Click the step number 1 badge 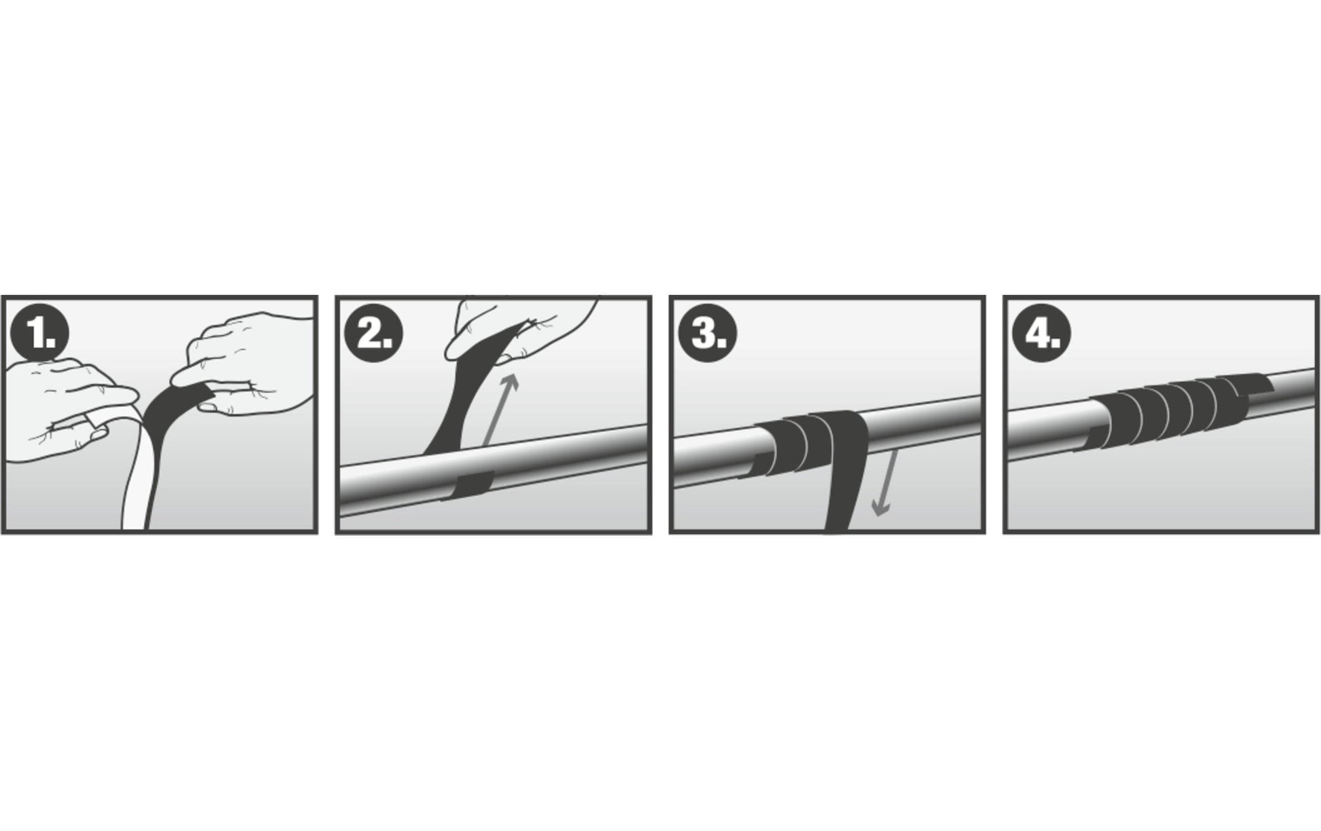[39, 333]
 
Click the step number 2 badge [373, 333]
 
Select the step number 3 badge [707, 333]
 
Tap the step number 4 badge [1041, 333]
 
